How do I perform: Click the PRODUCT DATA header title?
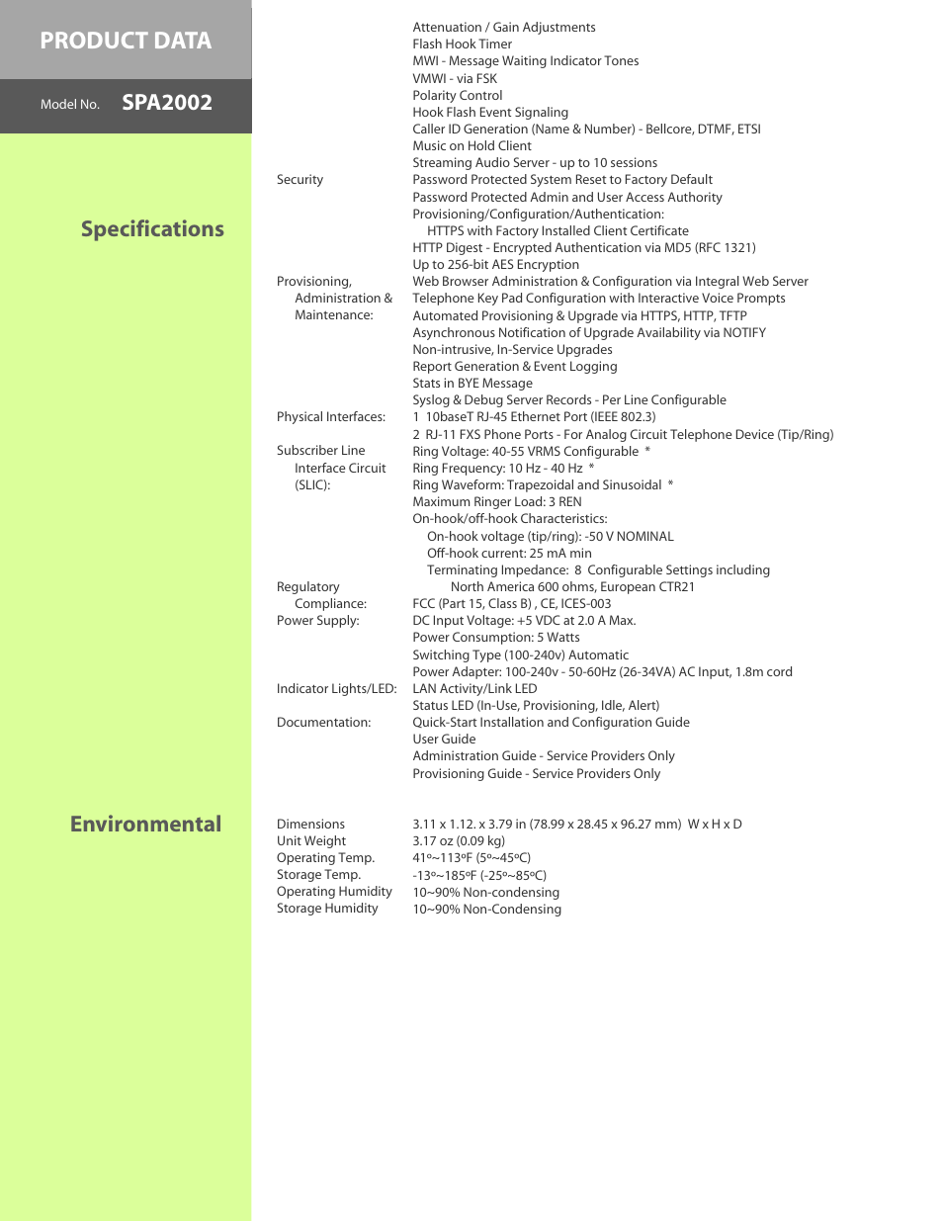(126, 41)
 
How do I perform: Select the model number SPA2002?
(166, 103)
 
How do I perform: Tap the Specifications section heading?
(152, 229)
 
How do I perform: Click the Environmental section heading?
(145, 825)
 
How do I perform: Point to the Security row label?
(300, 180)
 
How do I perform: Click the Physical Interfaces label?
(330, 417)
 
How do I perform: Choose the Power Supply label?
(317, 621)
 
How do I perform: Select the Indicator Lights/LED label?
(336, 689)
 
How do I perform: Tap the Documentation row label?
(323, 723)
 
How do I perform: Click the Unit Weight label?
(310, 841)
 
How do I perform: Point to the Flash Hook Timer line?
(462, 44)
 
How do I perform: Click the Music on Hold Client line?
(471, 146)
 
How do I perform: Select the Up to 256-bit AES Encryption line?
(495, 265)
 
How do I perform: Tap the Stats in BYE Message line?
(471, 384)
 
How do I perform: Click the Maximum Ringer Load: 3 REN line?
(496, 502)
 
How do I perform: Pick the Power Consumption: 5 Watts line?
(495, 638)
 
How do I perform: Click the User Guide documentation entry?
(444, 740)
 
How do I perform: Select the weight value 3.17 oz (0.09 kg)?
(458, 841)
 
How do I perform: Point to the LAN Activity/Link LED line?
(474, 689)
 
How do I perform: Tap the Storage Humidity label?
(327, 909)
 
